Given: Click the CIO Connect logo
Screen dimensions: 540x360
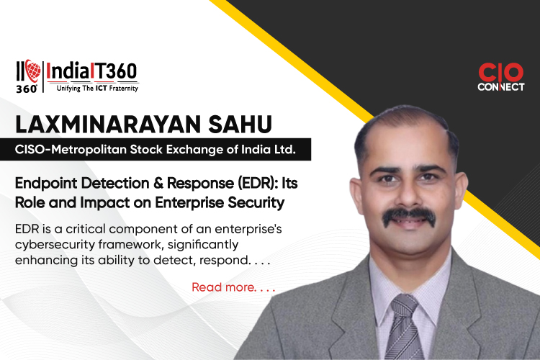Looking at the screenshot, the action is pos(500,77).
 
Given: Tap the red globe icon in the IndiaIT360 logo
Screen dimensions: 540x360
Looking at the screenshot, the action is pos(32,71).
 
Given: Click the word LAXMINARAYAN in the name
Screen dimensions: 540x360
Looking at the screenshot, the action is pos(108,125).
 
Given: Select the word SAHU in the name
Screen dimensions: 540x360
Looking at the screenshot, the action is pos(240,125).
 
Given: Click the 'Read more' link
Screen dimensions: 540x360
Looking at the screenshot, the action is pos(233,287).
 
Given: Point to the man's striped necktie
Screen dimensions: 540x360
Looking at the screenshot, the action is pos(404,328).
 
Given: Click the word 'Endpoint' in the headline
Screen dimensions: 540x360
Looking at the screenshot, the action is pos(46,184).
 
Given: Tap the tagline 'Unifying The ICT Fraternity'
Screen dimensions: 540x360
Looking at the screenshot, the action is pos(97,89).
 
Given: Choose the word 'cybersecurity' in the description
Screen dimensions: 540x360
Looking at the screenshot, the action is pos(55,245).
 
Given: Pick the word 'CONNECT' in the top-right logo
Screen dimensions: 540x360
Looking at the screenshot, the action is pos(500,87).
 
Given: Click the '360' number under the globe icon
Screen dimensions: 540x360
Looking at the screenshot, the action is pos(26,89).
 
